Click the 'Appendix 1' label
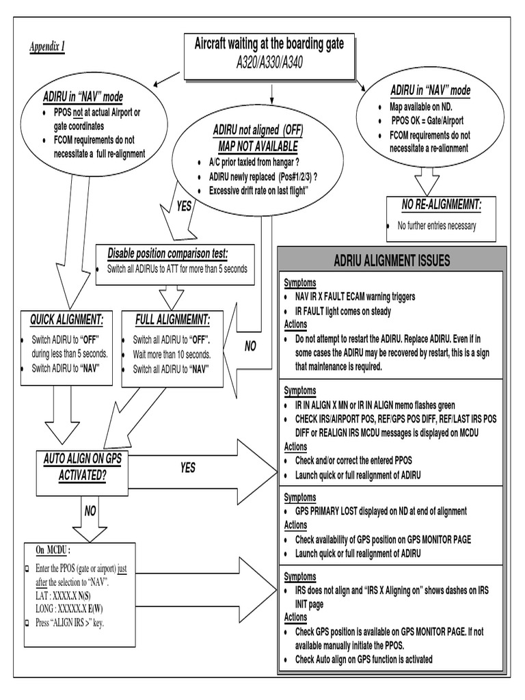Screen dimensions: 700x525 [46, 46]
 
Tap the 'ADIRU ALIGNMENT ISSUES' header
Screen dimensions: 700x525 [392, 260]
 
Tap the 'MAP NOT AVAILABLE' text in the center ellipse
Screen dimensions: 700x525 [258, 147]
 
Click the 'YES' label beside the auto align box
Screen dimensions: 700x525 [187, 468]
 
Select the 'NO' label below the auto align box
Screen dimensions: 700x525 [90, 511]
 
